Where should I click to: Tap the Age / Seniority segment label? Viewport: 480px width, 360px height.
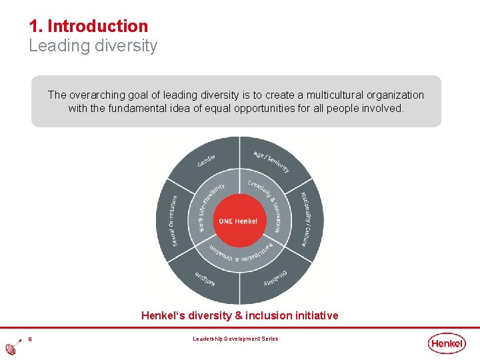click(271, 161)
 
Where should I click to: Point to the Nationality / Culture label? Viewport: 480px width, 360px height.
click(307, 219)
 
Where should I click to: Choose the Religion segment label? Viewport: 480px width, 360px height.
click(206, 279)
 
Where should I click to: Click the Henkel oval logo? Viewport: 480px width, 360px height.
click(447, 343)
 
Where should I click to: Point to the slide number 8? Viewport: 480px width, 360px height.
click(30, 339)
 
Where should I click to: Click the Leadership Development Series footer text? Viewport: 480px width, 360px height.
click(235, 339)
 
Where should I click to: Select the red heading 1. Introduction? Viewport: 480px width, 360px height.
click(89, 26)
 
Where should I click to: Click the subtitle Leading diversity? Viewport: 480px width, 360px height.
click(93, 46)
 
